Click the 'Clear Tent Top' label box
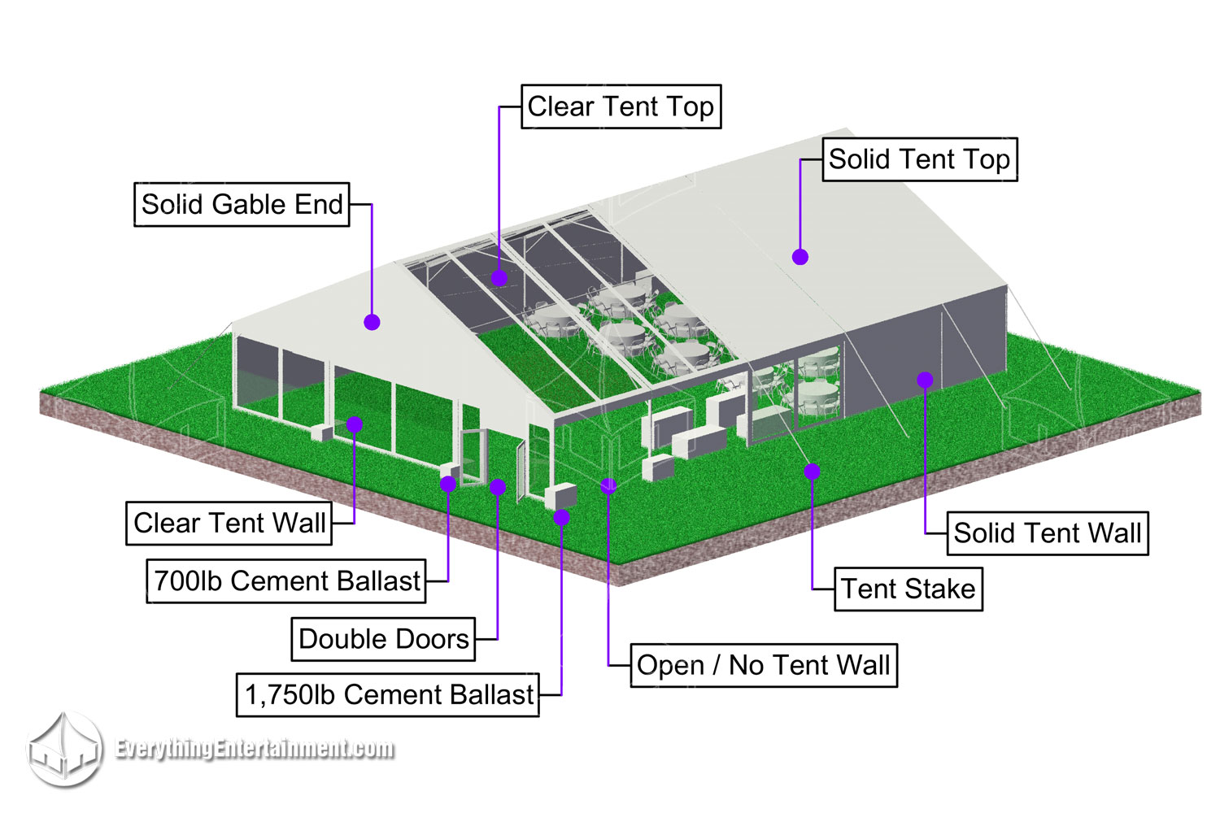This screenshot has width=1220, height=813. point(621,107)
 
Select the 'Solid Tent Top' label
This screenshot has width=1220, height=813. point(919,159)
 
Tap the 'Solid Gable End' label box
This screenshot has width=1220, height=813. point(242,204)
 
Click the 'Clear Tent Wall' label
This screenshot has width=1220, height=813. point(229,523)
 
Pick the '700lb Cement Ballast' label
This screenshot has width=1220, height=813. point(286,581)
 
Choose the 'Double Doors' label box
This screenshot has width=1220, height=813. point(383,639)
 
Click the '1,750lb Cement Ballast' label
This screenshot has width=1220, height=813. point(388,695)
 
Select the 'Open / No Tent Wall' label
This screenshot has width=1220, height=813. point(764,666)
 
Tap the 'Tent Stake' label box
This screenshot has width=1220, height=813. point(908,589)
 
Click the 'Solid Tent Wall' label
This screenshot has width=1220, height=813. point(1048,533)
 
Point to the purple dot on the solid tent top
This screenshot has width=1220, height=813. point(800,257)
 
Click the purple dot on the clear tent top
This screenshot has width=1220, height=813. point(499,278)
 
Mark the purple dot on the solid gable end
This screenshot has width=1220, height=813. point(372,322)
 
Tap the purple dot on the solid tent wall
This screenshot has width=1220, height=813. point(925,380)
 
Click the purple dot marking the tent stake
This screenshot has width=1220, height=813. point(812,471)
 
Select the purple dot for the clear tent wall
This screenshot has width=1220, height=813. point(355,424)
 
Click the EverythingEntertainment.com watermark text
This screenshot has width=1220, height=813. point(255,749)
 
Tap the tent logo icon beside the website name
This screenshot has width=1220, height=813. point(65,750)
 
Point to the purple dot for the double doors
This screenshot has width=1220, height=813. point(498,487)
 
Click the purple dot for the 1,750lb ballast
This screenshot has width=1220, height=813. point(561,517)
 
